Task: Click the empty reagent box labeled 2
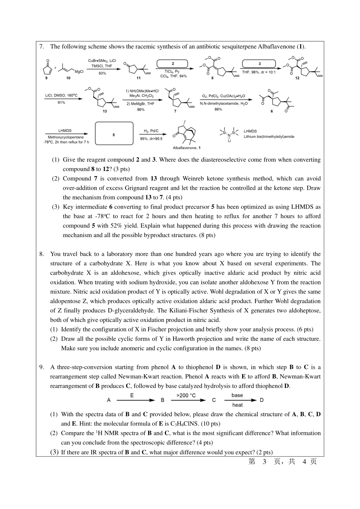click(172, 64)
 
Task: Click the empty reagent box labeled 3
click(259, 64)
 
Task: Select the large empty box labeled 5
click(114, 133)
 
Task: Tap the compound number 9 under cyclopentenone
click(47, 78)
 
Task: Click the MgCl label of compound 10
click(79, 71)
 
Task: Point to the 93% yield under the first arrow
click(102, 73)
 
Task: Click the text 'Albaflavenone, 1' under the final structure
click(187, 148)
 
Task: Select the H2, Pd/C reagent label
click(151, 131)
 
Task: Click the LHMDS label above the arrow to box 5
click(65, 131)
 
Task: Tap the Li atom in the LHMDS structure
click(229, 141)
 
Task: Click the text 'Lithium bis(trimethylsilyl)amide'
click(269, 137)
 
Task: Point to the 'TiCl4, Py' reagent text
click(172, 71)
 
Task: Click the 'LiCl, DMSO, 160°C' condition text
click(61, 95)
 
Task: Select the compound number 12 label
click(297, 78)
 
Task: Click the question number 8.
click(41, 254)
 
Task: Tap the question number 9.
click(41, 367)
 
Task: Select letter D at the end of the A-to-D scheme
click(261, 400)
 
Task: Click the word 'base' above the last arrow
click(237, 395)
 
